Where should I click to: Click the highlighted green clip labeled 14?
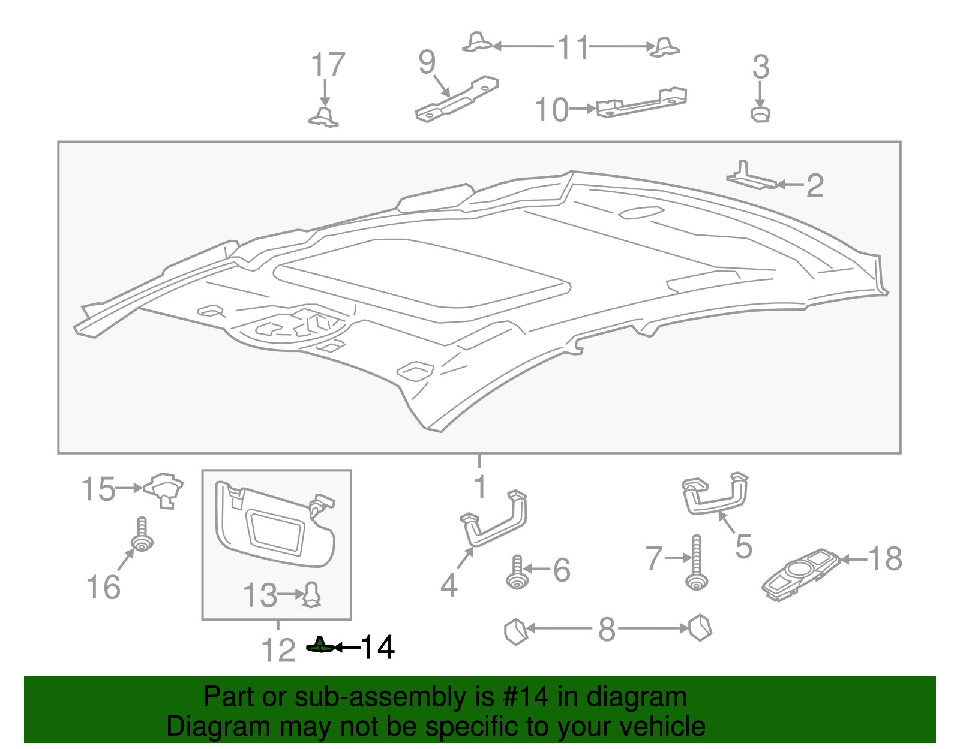click(320, 646)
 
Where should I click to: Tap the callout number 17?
click(328, 65)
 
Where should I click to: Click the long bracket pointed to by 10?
click(641, 103)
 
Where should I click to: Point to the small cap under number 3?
click(761, 113)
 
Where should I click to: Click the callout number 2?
click(814, 185)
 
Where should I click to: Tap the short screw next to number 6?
click(517, 573)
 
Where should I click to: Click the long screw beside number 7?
click(696, 564)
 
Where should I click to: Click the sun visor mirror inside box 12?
click(276, 529)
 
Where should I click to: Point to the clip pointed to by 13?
click(312, 594)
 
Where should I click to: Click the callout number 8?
click(607, 630)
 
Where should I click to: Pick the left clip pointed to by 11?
click(478, 42)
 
